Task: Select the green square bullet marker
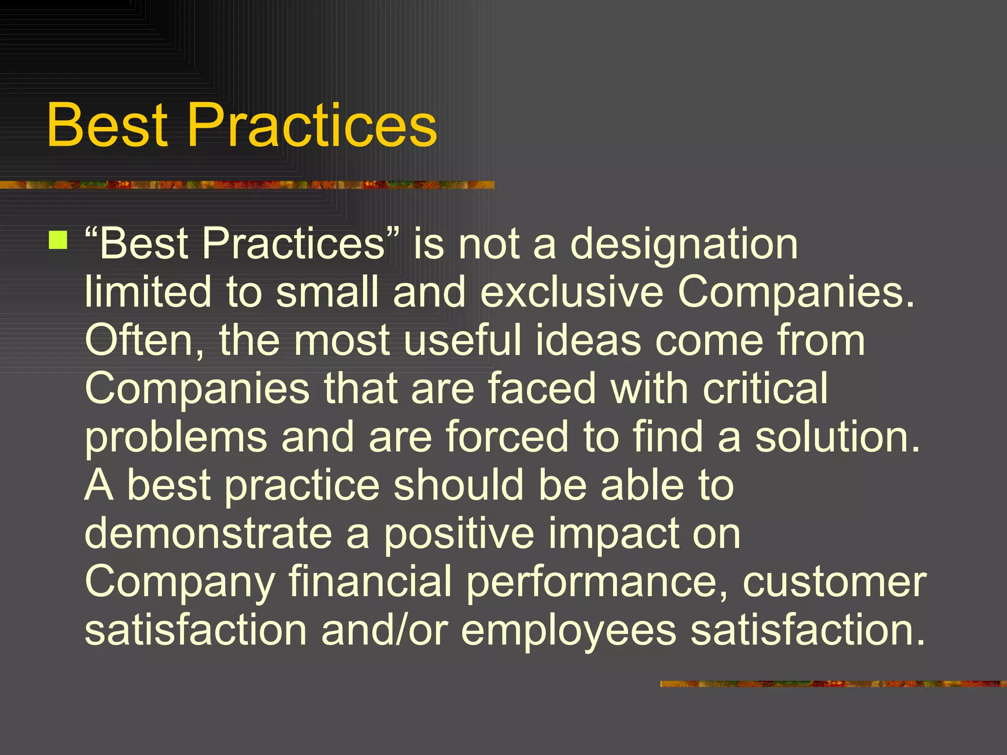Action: tap(59, 240)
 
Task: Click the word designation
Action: tap(683, 244)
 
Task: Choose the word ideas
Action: tap(588, 341)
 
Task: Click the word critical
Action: tap(765, 389)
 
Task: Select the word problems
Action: tap(176, 437)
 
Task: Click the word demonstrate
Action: tap(208, 533)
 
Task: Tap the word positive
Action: tap(459, 533)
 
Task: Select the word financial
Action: tap(370, 581)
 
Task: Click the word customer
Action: tap(834, 581)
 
